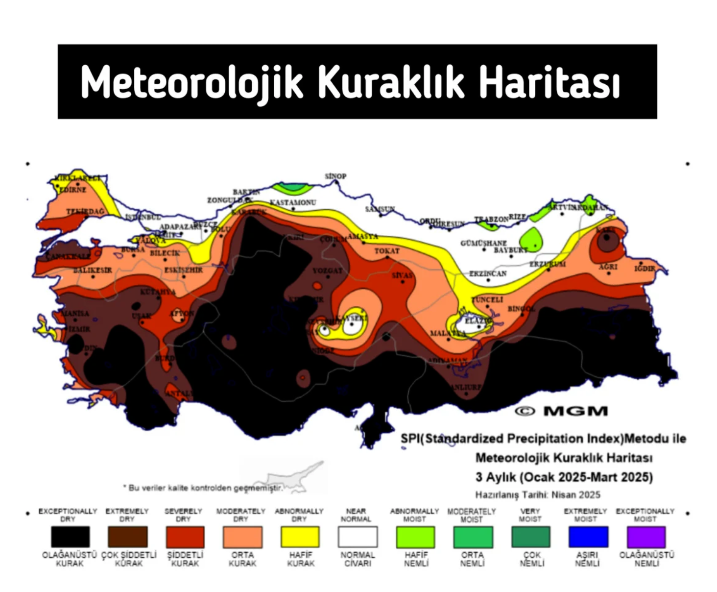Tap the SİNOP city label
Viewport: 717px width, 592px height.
pyautogui.click(x=335, y=176)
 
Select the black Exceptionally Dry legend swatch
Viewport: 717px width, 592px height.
pyautogui.click(x=70, y=537)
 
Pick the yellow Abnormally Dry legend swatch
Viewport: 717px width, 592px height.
pyautogui.click(x=300, y=537)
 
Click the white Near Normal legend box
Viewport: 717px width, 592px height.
pyautogui.click(x=358, y=537)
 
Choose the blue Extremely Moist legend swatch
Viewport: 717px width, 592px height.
pyautogui.click(x=588, y=537)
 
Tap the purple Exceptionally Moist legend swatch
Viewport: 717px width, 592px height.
pyautogui.click(x=646, y=537)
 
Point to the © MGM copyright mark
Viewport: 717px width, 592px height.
pyautogui.click(x=561, y=411)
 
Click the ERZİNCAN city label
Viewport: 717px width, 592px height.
pyautogui.click(x=488, y=273)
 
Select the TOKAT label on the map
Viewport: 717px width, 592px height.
pyautogui.click(x=387, y=251)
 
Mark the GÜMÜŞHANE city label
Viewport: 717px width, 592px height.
pyautogui.click(x=483, y=243)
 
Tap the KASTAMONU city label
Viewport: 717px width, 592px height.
pyautogui.click(x=293, y=202)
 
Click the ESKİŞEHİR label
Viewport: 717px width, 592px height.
pyautogui.click(x=183, y=270)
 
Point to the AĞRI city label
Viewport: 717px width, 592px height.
pyautogui.click(x=608, y=267)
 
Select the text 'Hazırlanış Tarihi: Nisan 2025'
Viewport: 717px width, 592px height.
pyautogui.click(x=537, y=494)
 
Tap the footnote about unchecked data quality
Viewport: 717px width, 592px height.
pyautogui.click(x=203, y=488)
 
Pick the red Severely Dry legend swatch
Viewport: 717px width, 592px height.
pyautogui.click(x=185, y=537)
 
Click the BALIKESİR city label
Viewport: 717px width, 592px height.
pyautogui.click(x=93, y=270)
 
